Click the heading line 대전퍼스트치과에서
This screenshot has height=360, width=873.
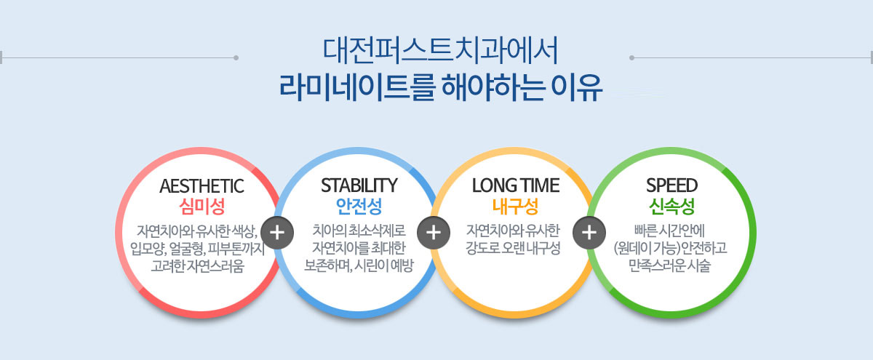[x=441, y=51]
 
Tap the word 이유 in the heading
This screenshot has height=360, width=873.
[x=577, y=87]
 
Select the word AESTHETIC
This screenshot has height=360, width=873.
[x=202, y=186]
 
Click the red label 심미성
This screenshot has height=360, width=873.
[x=202, y=207]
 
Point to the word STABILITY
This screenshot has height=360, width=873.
[x=359, y=185]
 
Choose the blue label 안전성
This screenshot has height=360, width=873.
[x=359, y=206]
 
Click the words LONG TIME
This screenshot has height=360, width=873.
[x=516, y=185]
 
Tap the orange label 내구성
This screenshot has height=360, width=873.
[x=515, y=206]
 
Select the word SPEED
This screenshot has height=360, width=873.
[x=672, y=185]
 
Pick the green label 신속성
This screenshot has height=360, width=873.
[x=672, y=206]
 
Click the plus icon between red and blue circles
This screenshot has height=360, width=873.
[x=277, y=233]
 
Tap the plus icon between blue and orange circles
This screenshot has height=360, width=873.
[x=434, y=233]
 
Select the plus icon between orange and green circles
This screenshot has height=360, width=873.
[x=589, y=233]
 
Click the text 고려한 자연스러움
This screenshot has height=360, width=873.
[x=198, y=266]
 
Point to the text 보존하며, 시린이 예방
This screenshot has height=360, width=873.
[x=359, y=265]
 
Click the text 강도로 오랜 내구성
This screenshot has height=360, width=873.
[x=513, y=248]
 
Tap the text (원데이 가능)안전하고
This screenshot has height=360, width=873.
[x=670, y=248]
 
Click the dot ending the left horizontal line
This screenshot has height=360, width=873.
[x=236, y=57]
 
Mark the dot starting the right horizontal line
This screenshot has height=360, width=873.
[x=631, y=57]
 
